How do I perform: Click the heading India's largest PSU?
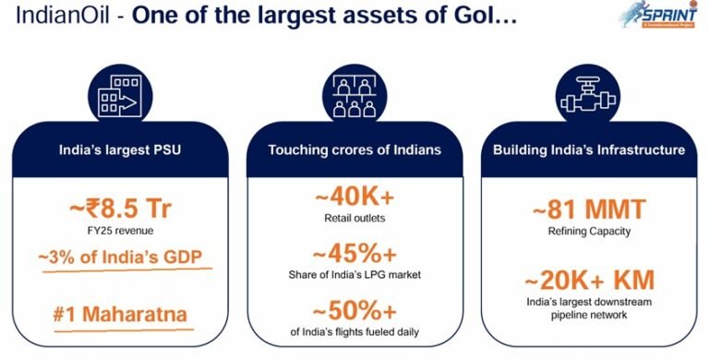118,149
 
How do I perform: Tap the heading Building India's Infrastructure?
588,149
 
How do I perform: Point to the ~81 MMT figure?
588,208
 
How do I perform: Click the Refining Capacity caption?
588,231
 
